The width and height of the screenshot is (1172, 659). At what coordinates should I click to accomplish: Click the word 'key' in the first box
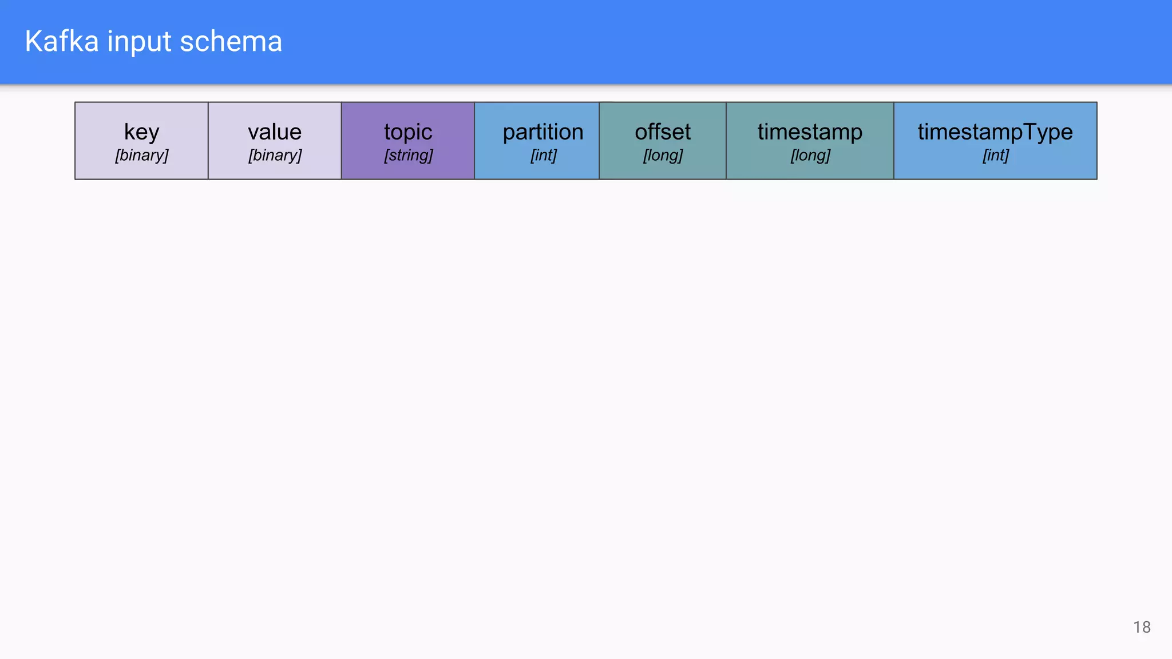click(141, 132)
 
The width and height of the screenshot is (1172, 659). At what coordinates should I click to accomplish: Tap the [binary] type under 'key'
click(141, 155)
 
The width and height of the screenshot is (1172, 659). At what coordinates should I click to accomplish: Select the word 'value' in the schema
click(275, 132)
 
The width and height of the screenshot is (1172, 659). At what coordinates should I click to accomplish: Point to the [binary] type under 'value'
click(275, 155)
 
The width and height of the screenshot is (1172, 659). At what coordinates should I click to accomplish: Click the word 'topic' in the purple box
click(408, 132)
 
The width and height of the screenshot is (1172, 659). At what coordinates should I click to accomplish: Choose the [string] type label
click(408, 155)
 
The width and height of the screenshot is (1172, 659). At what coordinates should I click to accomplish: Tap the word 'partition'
click(543, 132)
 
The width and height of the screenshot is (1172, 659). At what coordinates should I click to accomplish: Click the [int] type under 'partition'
click(543, 155)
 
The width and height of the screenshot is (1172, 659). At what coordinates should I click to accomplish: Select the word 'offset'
click(663, 132)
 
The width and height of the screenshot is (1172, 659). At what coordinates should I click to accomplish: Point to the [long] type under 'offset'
click(663, 155)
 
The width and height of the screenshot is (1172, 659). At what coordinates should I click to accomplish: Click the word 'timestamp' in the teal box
click(810, 132)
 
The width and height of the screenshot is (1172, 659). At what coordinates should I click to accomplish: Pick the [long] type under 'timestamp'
click(810, 155)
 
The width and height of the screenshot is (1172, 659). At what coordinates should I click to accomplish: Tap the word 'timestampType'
click(995, 132)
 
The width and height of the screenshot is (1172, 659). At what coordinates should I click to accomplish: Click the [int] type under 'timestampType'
click(995, 155)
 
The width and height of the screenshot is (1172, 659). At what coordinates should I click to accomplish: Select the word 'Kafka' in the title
click(62, 42)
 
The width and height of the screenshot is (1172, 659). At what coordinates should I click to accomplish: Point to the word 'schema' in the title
click(231, 42)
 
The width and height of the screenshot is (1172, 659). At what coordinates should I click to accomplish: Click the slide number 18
click(1142, 628)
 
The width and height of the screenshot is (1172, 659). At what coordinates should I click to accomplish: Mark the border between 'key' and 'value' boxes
click(208, 141)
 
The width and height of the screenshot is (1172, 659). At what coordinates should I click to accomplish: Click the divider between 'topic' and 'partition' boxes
click(474, 141)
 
